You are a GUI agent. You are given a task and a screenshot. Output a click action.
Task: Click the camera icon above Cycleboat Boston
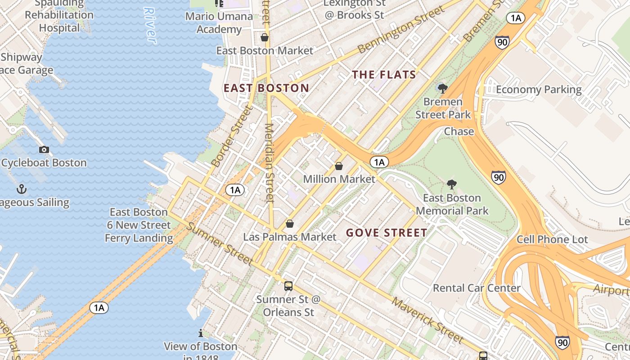tap(44, 149)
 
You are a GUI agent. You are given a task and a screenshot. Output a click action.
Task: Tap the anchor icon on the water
tap(21, 189)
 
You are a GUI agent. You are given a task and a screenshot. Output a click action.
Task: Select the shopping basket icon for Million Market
tap(339, 166)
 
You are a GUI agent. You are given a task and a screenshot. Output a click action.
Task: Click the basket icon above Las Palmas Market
tap(290, 224)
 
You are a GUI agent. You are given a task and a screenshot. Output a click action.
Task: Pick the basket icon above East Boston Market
tap(265, 37)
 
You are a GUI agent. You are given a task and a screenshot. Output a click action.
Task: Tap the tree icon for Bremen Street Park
tap(443, 89)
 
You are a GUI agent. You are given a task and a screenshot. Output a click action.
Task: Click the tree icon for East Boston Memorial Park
tap(452, 184)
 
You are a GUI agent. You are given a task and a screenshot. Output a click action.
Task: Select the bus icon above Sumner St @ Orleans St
tap(288, 286)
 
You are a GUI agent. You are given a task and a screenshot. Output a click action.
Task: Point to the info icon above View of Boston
tap(201, 333)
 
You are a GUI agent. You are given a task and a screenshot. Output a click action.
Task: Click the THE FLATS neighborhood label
tap(384, 75)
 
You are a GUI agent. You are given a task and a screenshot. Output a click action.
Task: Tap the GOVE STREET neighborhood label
tap(387, 233)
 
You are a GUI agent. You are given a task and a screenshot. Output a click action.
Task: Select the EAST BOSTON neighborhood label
tap(266, 88)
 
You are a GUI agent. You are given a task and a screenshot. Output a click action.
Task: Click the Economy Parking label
tap(539, 90)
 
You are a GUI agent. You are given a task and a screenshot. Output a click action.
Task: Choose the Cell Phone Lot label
tap(552, 239)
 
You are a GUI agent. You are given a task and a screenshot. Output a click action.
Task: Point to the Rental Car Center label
tap(477, 288)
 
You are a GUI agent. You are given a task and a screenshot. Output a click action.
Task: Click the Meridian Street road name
tap(270, 163)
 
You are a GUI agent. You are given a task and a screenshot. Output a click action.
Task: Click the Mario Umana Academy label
tap(219, 23)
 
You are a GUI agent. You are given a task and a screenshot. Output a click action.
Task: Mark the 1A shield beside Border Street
tap(235, 190)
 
